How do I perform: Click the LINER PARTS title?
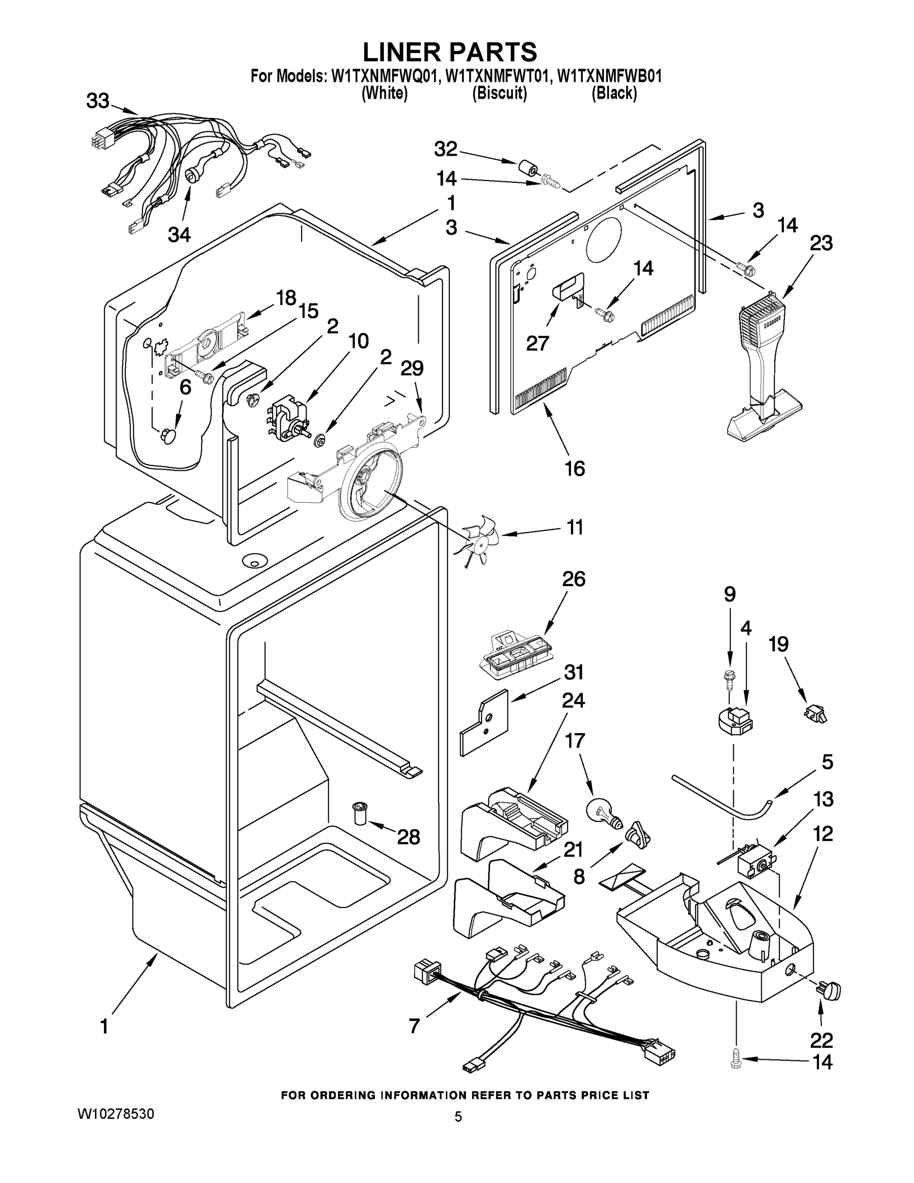(449, 53)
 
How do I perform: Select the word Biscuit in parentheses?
(499, 94)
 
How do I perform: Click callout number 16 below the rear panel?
(575, 469)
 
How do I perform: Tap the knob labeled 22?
(828, 991)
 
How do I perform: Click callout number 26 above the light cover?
(574, 579)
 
